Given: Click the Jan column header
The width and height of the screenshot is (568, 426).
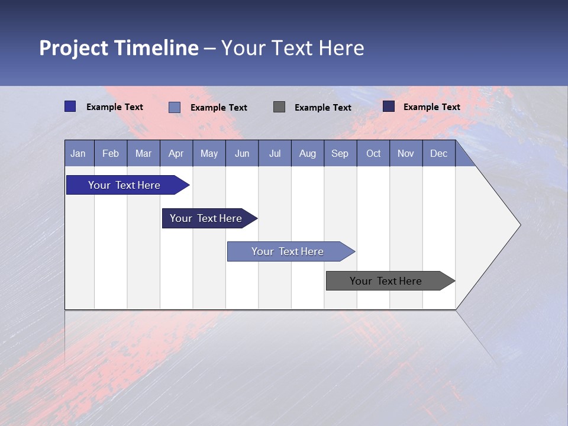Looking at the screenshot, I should pyautogui.click(x=78, y=154).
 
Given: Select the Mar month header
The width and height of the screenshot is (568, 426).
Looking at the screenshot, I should pyautogui.click(x=143, y=154).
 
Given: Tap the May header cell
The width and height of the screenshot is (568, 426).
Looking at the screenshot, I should pyautogui.click(x=209, y=154).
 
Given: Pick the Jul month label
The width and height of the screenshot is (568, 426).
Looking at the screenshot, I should pyautogui.click(x=275, y=154).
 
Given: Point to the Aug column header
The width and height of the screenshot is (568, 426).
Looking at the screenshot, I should pyautogui.click(x=307, y=154).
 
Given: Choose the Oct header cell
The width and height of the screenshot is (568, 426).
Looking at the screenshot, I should pyautogui.click(x=373, y=154).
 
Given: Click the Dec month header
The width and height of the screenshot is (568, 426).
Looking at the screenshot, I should pyautogui.click(x=438, y=154).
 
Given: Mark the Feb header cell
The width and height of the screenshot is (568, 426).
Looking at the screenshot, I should pyautogui.click(x=111, y=154).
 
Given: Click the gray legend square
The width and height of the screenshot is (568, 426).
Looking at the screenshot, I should pyautogui.click(x=279, y=106).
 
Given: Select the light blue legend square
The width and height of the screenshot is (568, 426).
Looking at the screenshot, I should pyautogui.click(x=175, y=107).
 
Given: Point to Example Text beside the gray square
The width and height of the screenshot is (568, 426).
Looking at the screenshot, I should pyautogui.click(x=323, y=108).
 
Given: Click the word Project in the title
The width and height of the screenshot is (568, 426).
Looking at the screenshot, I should pyautogui.click(x=73, y=48).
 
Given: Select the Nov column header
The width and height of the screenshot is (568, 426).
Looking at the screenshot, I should pyautogui.click(x=406, y=154).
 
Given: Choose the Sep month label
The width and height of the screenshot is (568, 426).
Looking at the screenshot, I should pyautogui.click(x=340, y=154).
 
